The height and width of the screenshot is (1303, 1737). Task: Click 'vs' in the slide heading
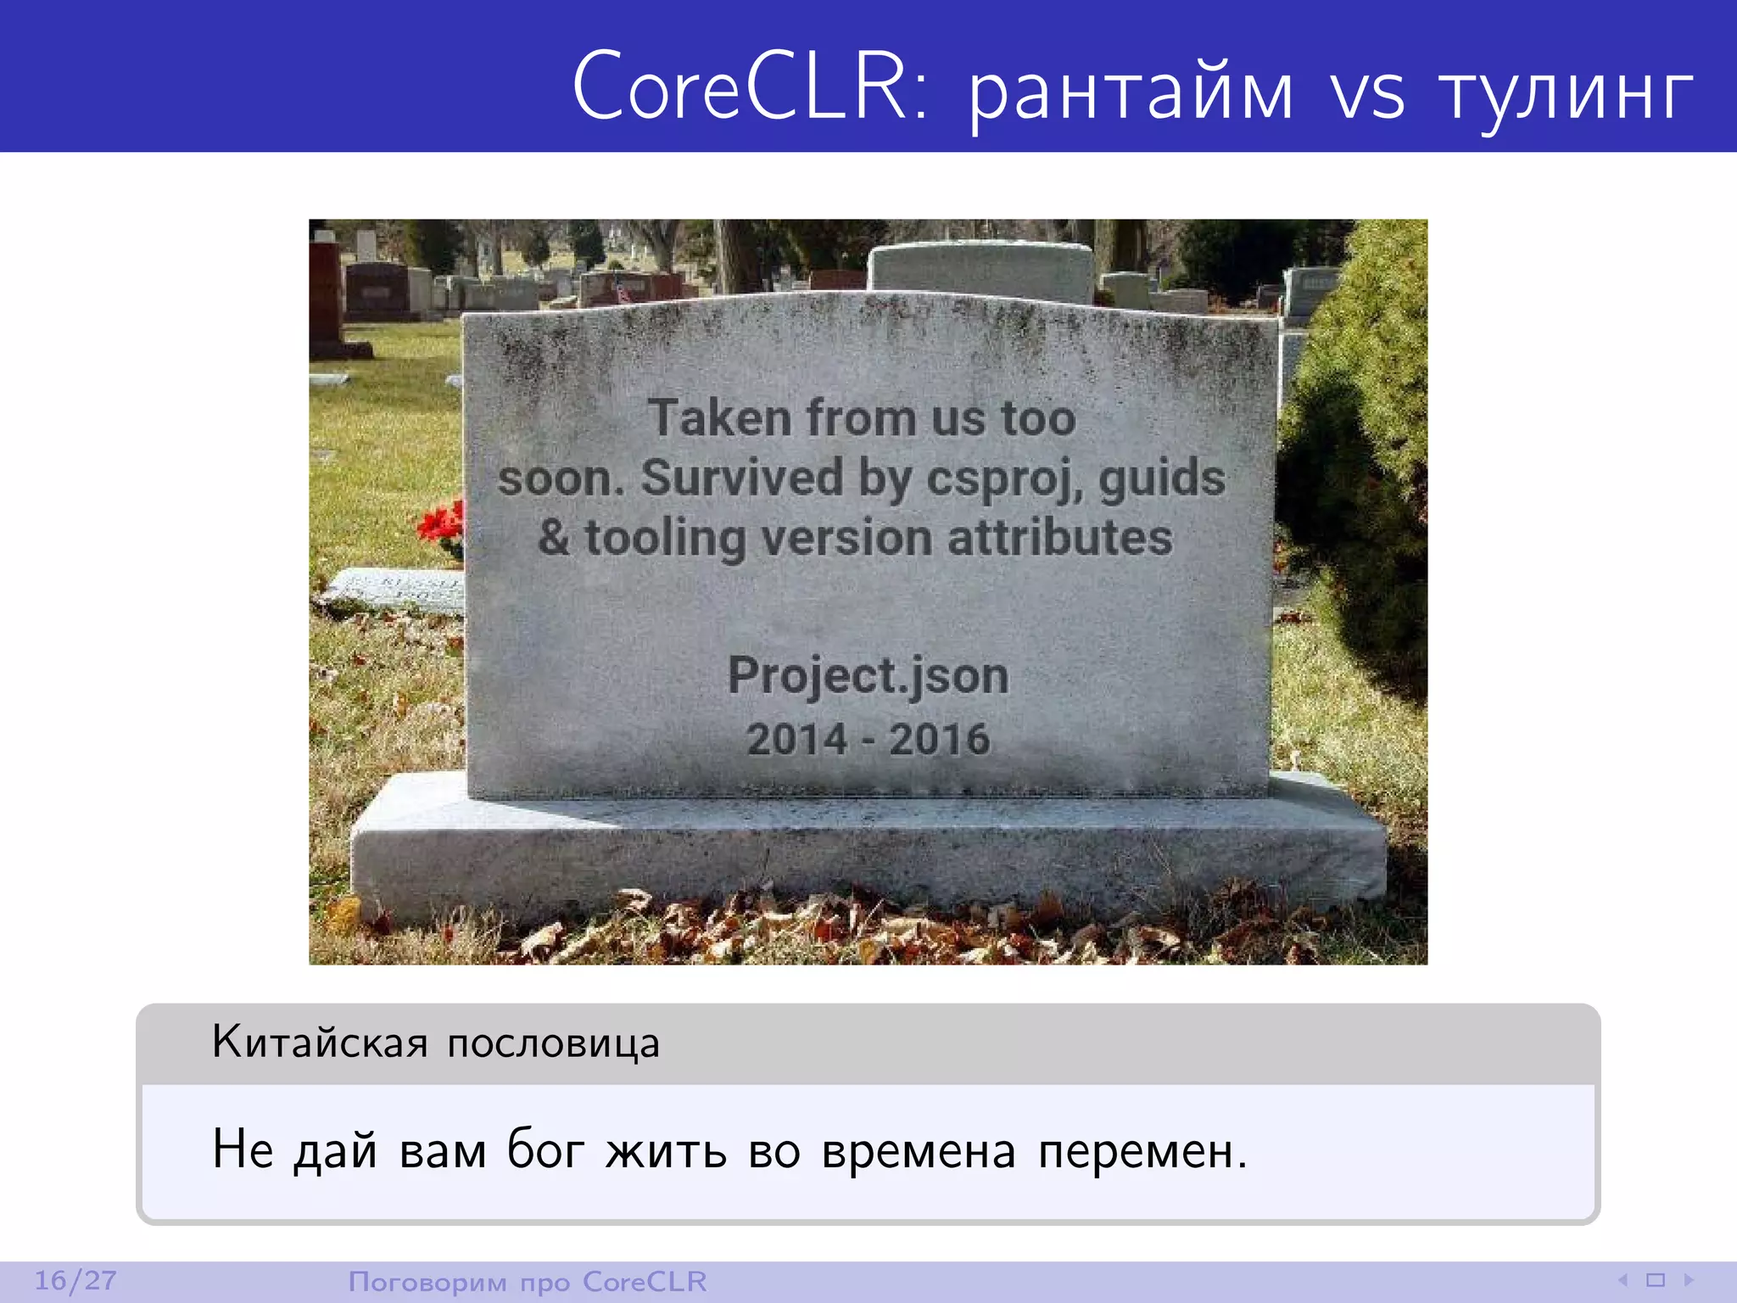(x=1366, y=93)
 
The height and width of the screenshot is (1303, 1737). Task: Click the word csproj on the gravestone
(x=1004, y=479)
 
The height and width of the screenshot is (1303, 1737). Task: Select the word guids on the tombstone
(x=1162, y=479)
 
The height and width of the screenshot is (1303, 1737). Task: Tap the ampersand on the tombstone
(x=554, y=537)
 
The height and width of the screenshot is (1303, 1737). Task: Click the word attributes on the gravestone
(x=1059, y=538)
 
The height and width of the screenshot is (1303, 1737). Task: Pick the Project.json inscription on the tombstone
(x=868, y=678)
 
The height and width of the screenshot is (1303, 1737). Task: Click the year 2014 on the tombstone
(x=796, y=739)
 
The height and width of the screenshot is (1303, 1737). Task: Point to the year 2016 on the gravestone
(x=939, y=739)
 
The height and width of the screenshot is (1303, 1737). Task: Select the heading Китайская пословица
(x=435, y=1042)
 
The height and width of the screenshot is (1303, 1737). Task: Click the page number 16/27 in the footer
(x=75, y=1280)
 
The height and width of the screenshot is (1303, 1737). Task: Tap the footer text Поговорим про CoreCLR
(x=527, y=1281)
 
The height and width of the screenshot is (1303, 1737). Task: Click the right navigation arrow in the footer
(x=1689, y=1279)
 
